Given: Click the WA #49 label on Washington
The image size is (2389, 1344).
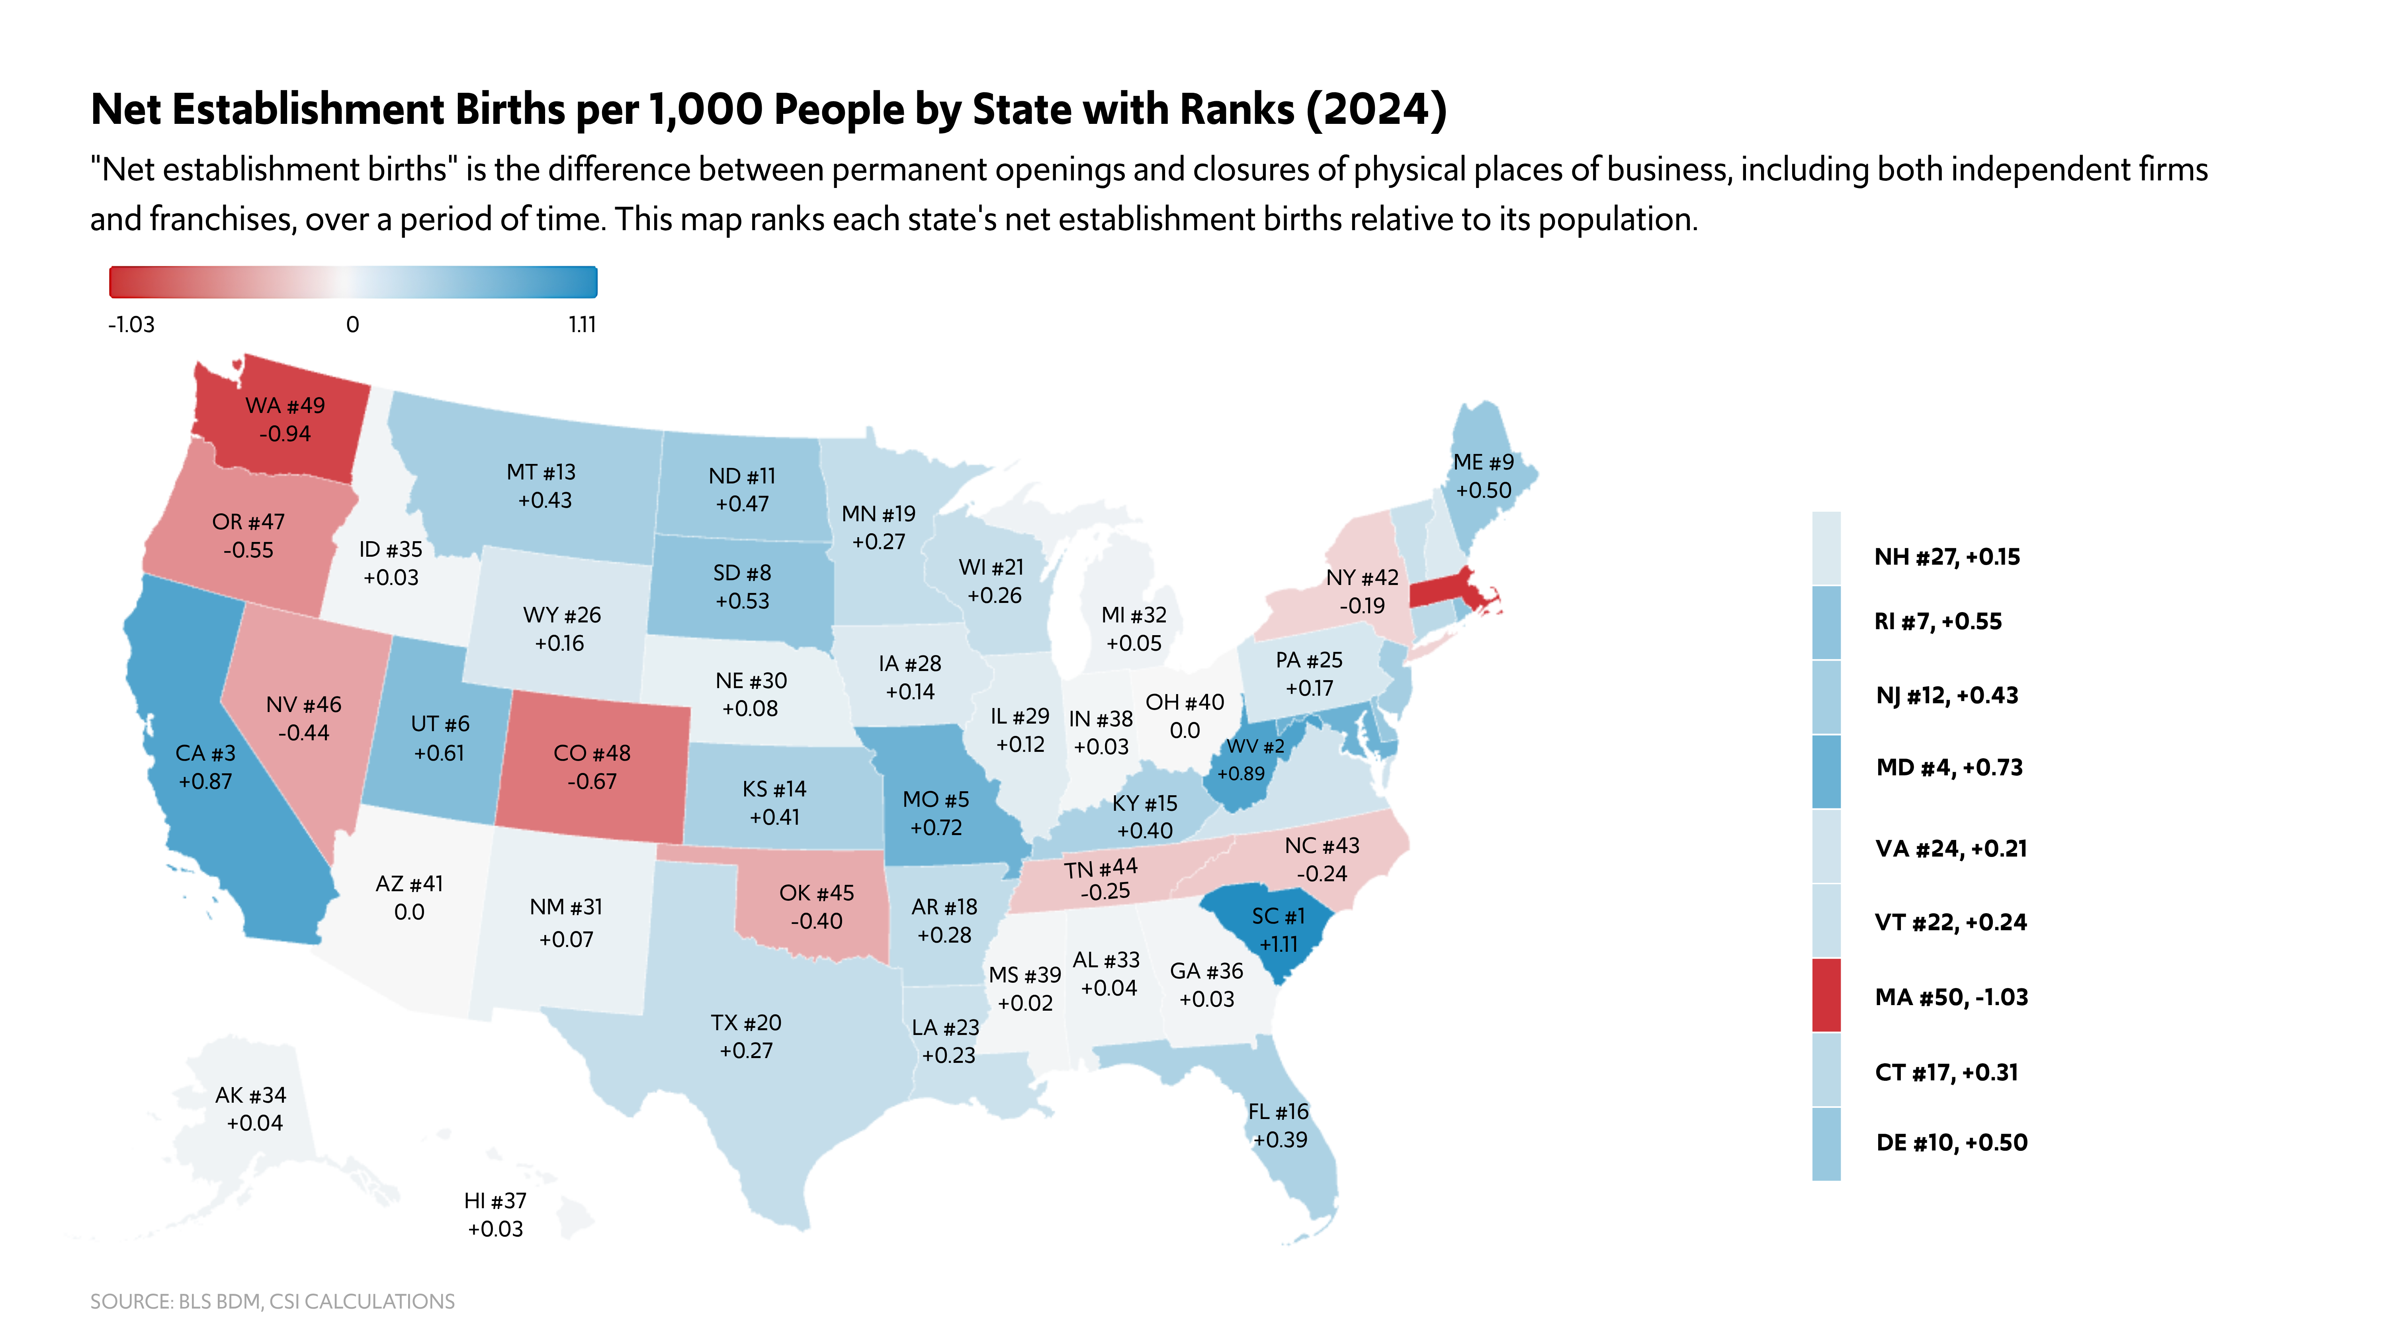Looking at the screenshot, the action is (285, 406).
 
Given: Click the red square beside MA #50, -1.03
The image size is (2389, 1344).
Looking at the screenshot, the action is (1826, 995).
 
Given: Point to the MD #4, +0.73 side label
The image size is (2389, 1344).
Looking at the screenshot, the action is (1949, 768).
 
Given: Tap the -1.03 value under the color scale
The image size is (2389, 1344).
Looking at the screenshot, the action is (132, 325).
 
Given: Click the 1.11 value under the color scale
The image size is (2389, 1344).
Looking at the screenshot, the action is (583, 325).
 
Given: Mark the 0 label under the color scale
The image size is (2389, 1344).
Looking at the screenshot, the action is (352, 325).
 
